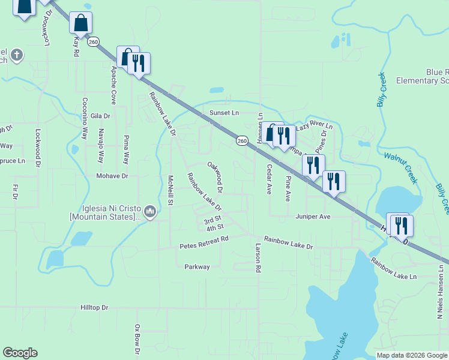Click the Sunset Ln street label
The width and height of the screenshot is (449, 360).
224,112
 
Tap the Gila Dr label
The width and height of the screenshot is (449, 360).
101,116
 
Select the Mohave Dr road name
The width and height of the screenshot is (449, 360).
112,176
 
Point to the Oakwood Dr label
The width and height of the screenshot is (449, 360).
215,177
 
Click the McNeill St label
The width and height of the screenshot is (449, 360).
170,190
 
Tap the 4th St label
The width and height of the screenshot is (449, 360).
215,227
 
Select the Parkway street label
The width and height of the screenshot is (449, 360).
197,267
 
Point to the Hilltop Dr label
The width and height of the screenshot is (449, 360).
94,307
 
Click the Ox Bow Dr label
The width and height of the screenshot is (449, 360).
137,338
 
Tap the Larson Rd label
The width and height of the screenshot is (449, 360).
258,259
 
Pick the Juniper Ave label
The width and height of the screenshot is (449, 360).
313,216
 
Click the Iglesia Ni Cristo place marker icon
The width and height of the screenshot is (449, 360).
150,211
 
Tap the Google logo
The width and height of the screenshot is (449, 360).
20,353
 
